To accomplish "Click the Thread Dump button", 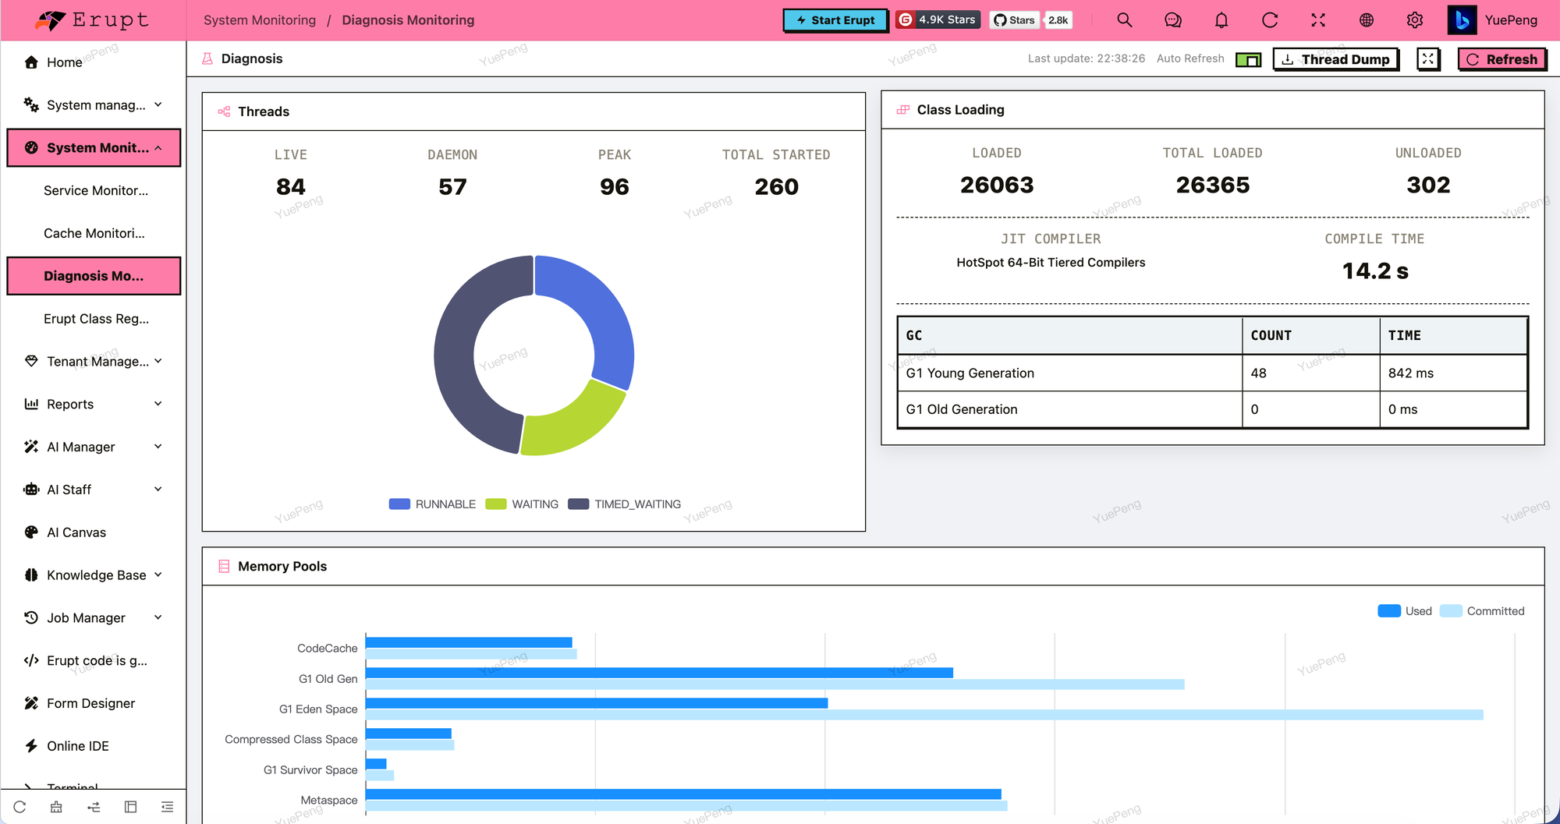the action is [1336, 59].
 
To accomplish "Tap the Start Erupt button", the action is [835, 20].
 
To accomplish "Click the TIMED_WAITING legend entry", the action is [625, 504].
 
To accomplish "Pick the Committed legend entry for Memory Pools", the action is [1482, 611].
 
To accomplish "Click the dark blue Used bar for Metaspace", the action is [683, 794].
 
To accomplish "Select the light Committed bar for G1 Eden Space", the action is [924, 715].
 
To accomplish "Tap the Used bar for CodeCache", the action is [469, 642].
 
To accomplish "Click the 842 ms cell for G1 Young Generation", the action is [1411, 373].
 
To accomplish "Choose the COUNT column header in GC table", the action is [1271, 335].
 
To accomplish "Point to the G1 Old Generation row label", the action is [962, 409].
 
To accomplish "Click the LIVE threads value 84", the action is [291, 187].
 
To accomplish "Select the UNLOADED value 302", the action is [1428, 186].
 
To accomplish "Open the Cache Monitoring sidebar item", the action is [94, 233].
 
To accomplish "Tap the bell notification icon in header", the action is [1221, 20].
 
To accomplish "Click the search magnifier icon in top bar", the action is [1125, 20].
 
